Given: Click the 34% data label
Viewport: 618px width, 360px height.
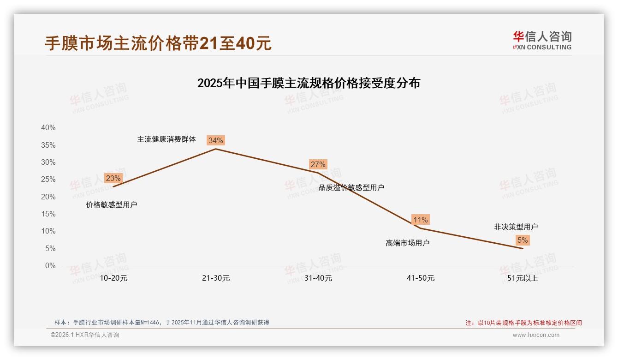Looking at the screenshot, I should point(216,140).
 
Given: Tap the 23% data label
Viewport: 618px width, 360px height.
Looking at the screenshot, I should point(113,178).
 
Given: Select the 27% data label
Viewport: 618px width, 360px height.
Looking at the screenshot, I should point(318,164).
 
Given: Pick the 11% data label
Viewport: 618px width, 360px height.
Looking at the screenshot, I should point(421,220).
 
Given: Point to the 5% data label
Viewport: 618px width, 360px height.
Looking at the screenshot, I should point(523,240).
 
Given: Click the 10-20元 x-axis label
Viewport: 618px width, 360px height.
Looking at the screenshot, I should point(113,278).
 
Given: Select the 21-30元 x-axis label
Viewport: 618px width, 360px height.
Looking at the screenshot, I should point(216,278).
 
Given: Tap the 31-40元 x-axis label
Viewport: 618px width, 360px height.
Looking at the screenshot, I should point(318,278).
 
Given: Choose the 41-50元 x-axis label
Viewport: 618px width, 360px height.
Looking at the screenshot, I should point(421,278).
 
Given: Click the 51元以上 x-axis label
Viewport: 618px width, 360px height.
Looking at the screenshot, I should point(523,278).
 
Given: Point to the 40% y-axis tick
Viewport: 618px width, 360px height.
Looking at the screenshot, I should point(48,128).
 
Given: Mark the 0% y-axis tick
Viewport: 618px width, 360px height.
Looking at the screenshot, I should point(50,266).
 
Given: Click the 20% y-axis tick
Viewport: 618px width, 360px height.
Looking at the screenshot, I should point(48,197).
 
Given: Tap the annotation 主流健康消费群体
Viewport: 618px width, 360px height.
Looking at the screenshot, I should point(166,139).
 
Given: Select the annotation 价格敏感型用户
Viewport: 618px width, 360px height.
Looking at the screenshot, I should point(112,205).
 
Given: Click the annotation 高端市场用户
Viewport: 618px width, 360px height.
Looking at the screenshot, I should point(408,243).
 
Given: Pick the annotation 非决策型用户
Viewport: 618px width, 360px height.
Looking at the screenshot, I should point(516,227).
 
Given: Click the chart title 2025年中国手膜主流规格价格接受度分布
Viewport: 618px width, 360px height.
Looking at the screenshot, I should point(309,84).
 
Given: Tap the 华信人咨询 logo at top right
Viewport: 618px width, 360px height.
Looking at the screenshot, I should point(542,40).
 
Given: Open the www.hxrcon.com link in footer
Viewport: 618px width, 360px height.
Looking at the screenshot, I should point(536,335).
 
